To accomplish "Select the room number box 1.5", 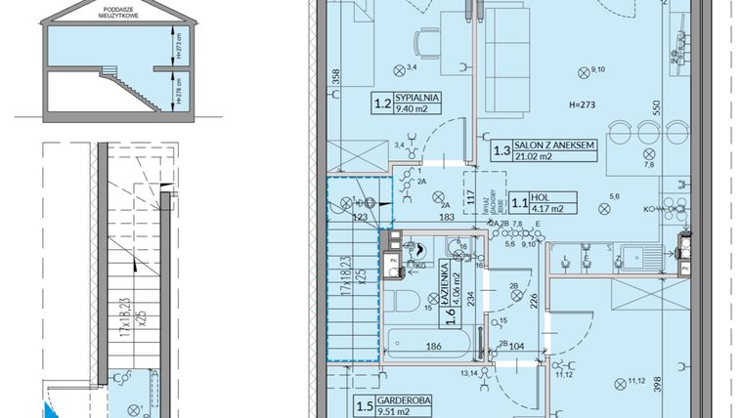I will tap(364, 408).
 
